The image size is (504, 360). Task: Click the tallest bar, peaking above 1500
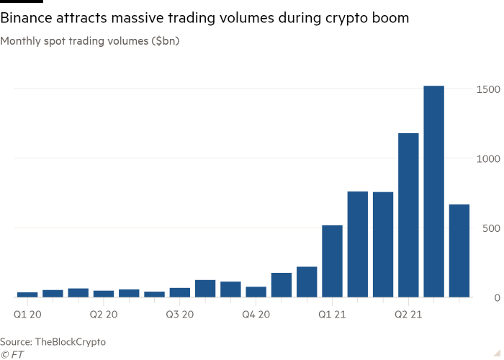pos(433,192)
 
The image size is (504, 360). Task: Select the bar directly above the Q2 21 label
pos(408,215)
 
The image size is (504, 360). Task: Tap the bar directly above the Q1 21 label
pos(332,261)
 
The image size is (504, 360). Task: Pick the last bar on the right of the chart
pos(459,251)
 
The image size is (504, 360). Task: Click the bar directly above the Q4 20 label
pos(256,292)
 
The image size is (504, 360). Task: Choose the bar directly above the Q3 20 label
pos(179,292)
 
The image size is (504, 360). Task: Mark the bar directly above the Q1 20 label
pos(27,294)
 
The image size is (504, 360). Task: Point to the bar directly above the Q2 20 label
pos(103,294)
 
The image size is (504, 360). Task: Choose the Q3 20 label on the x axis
pos(179,315)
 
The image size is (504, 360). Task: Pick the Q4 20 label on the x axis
pos(255,315)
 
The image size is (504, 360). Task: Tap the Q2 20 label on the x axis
pos(103,315)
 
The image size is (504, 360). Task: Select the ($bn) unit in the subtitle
pos(165,41)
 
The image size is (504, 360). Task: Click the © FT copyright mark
pos(10,354)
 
